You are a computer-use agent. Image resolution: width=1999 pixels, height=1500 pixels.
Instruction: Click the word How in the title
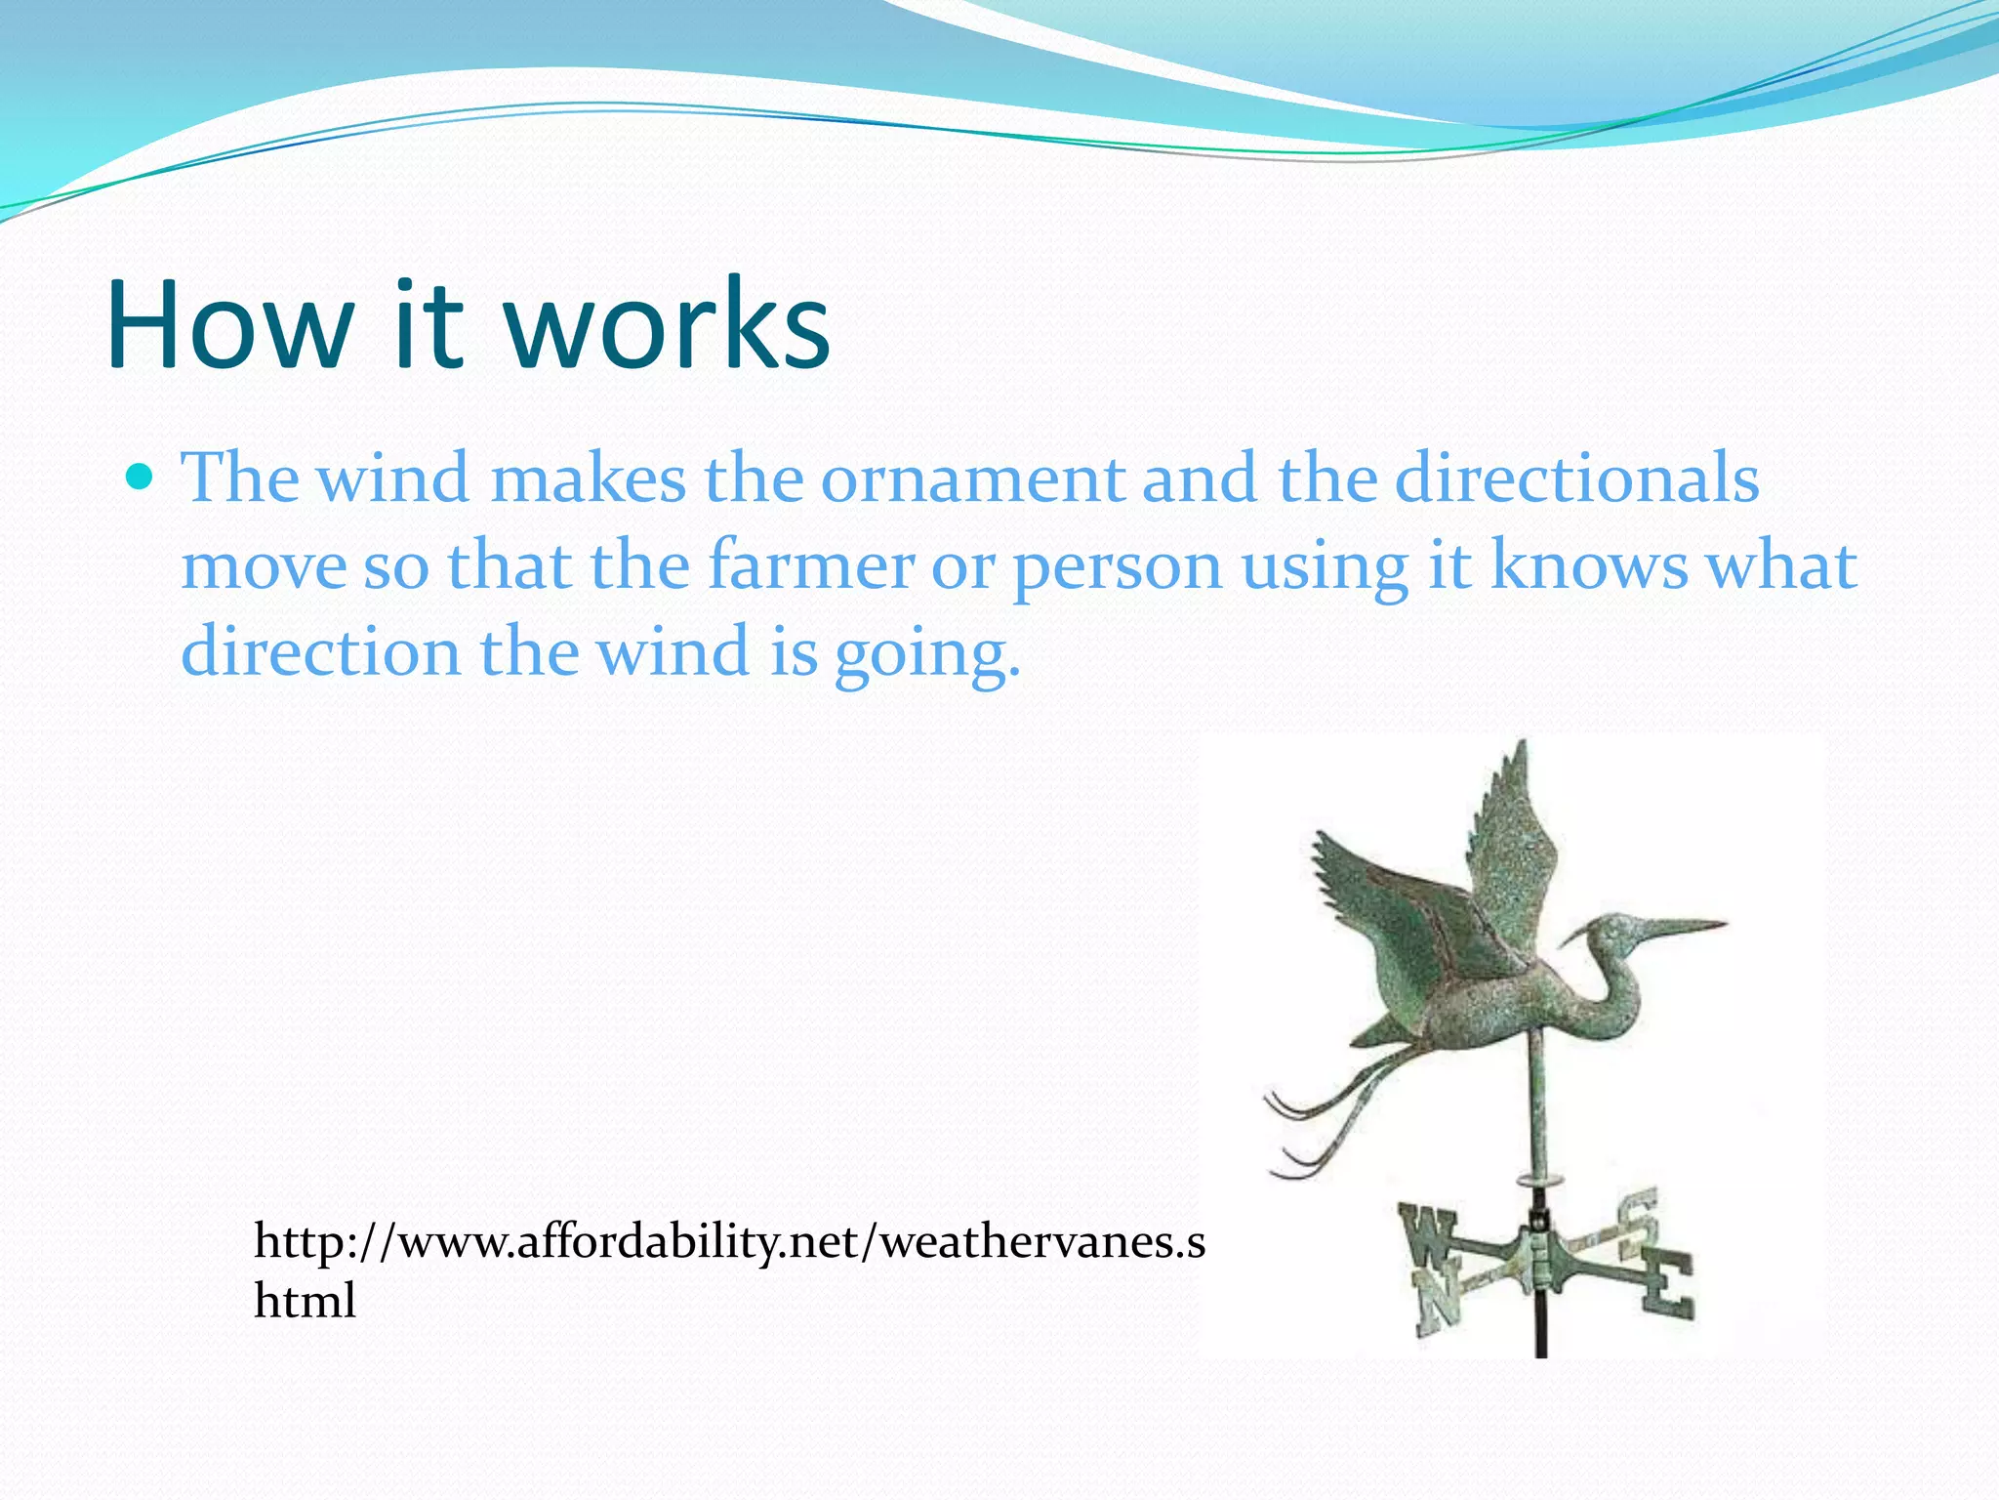(x=228, y=324)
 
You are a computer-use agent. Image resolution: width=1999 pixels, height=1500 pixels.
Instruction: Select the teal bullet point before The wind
(x=141, y=478)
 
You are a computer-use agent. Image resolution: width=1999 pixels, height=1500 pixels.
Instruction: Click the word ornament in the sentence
(x=971, y=479)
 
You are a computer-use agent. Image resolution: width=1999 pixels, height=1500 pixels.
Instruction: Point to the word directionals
(x=1575, y=479)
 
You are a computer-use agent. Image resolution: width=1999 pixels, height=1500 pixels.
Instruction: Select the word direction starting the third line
(x=320, y=652)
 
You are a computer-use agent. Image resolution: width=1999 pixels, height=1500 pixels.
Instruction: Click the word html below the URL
(x=305, y=1301)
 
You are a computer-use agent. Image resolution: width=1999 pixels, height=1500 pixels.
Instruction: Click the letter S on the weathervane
(x=1640, y=1221)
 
